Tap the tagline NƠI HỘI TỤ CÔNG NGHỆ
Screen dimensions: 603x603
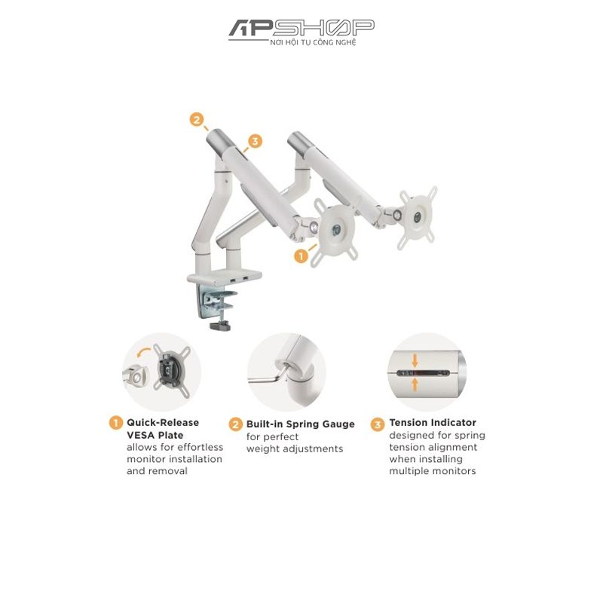point(313,43)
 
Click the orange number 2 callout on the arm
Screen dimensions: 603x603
point(197,120)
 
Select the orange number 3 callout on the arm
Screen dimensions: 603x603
point(255,141)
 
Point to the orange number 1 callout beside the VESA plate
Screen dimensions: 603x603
point(301,256)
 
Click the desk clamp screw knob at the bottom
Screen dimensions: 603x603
point(220,326)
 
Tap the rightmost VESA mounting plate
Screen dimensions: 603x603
point(418,217)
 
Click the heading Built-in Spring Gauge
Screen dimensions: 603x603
point(300,424)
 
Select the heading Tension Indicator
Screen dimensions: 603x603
point(433,422)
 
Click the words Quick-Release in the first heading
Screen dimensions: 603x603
point(163,423)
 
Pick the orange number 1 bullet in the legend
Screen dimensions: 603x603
point(116,423)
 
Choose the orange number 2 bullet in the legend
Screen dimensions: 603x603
point(235,424)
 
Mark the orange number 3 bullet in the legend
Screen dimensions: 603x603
point(378,424)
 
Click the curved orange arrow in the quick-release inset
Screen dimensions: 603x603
point(144,351)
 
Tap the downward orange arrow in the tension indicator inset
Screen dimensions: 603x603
point(415,360)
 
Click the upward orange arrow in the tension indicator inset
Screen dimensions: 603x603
point(415,384)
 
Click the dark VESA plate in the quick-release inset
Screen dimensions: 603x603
point(171,368)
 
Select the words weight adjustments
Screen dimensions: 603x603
point(295,448)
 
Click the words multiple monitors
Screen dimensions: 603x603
point(432,471)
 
